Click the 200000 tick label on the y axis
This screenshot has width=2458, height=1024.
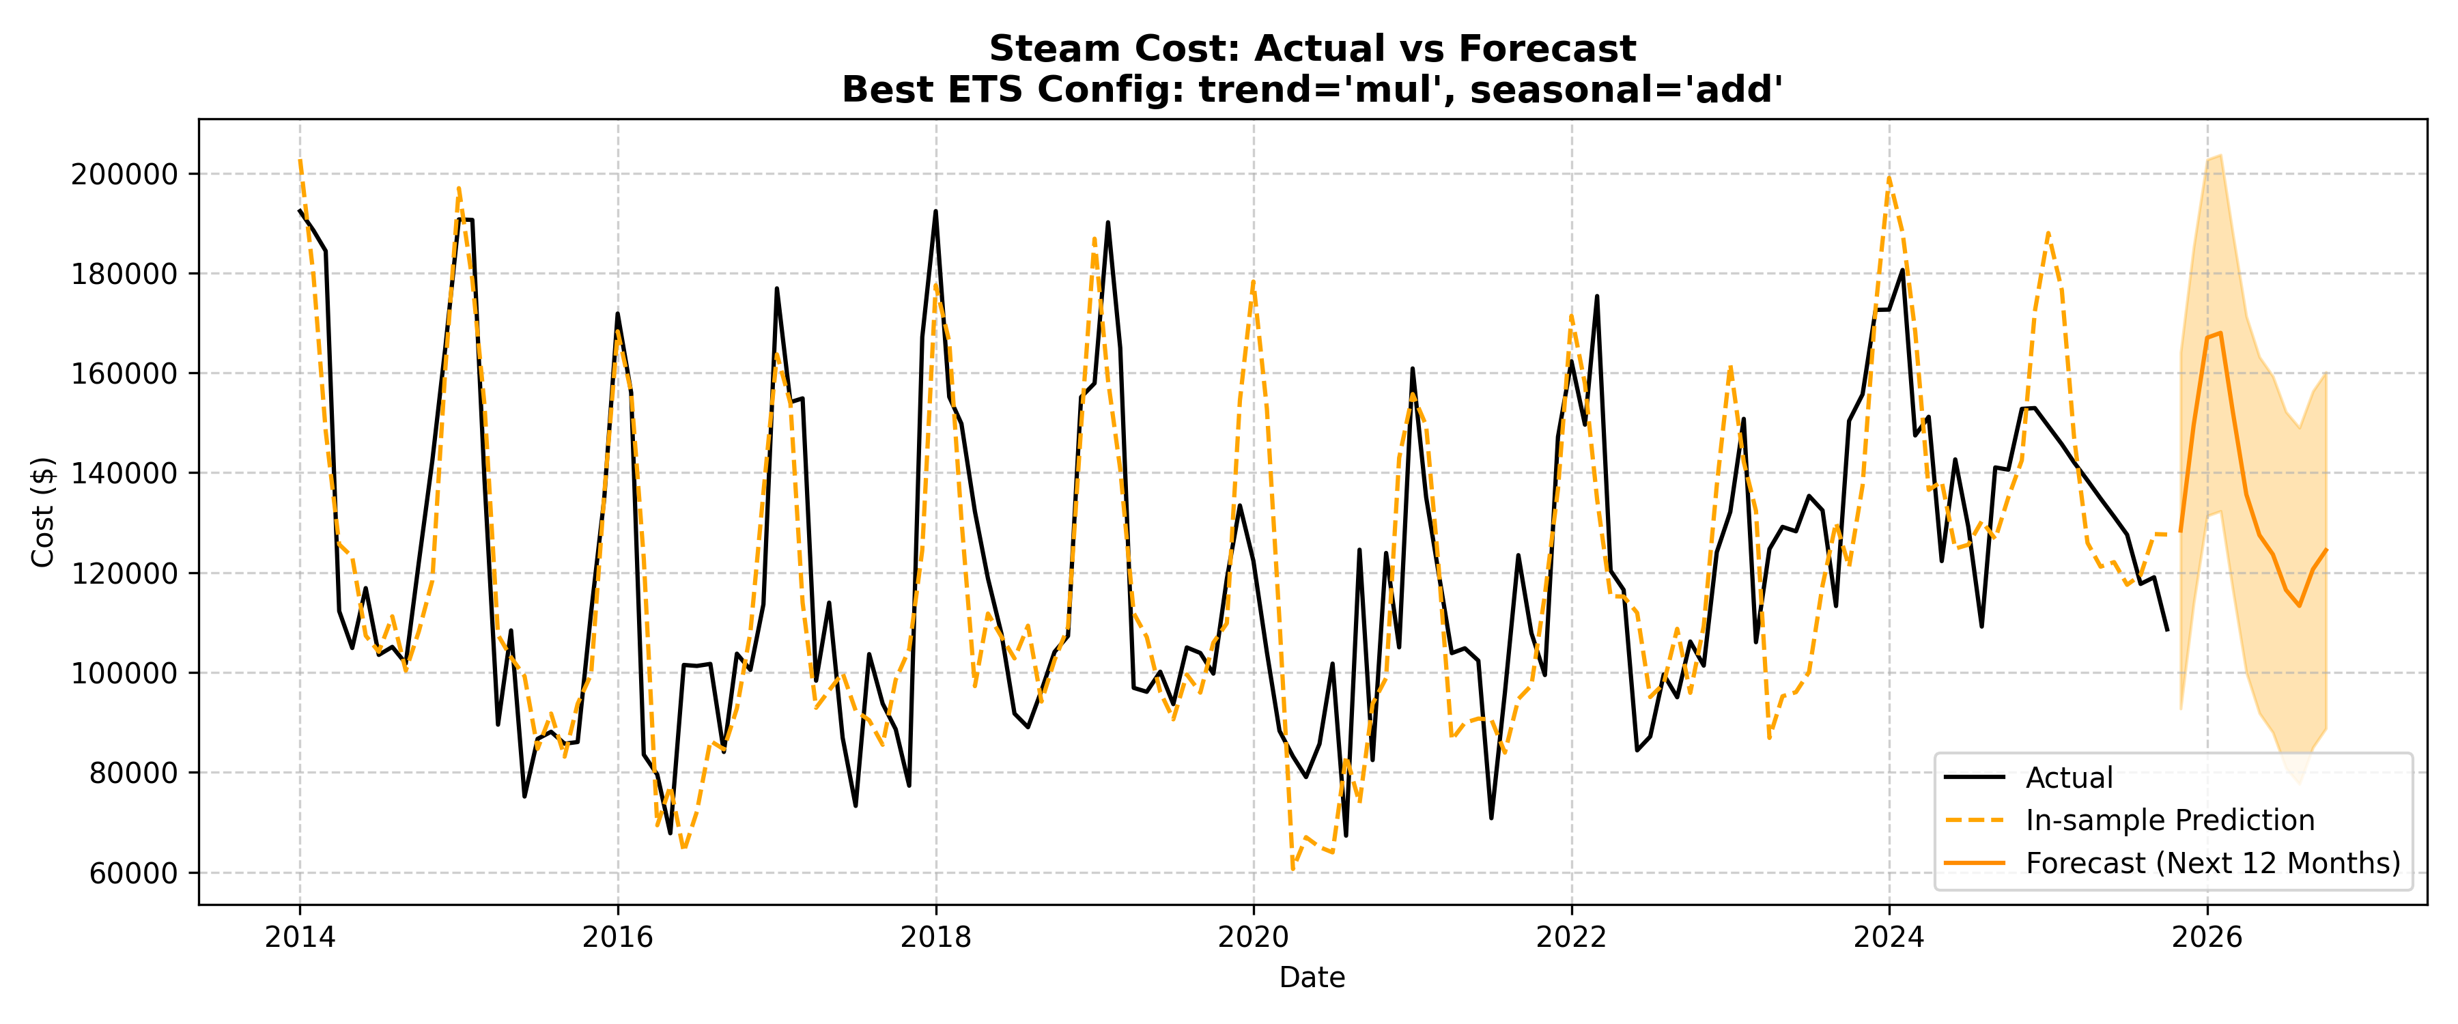pyautogui.click(x=124, y=175)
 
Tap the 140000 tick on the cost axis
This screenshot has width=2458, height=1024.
pyautogui.click(x=124, y=473)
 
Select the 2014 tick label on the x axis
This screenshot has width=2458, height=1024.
pyautogui.click(x=300, y=937)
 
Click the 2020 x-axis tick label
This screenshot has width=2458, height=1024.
pyautogui.click(x=1254, y=937)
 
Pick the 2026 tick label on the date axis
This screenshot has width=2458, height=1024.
pyautogui.click(x=2207, y=937)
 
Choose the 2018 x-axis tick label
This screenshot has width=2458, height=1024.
pyautogui.click(x=936, y=937)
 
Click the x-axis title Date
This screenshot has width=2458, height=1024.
pyautogui.click(x=1312, y=978)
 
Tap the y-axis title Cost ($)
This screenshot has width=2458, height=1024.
pyautogui.click(x=43, y=513)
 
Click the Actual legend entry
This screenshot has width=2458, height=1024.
pyautogui.click(x=2069, y=778)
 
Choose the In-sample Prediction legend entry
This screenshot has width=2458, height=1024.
pyautogui.click(x=2170, y=820)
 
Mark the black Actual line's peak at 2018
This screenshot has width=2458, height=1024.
pyautogui.click(x=935, y=211)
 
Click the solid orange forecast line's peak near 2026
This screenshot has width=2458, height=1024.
pyautogui.click(x=2221, y=333)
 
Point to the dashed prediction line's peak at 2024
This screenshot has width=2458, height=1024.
pyautogui.click(x=1889, y=177)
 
